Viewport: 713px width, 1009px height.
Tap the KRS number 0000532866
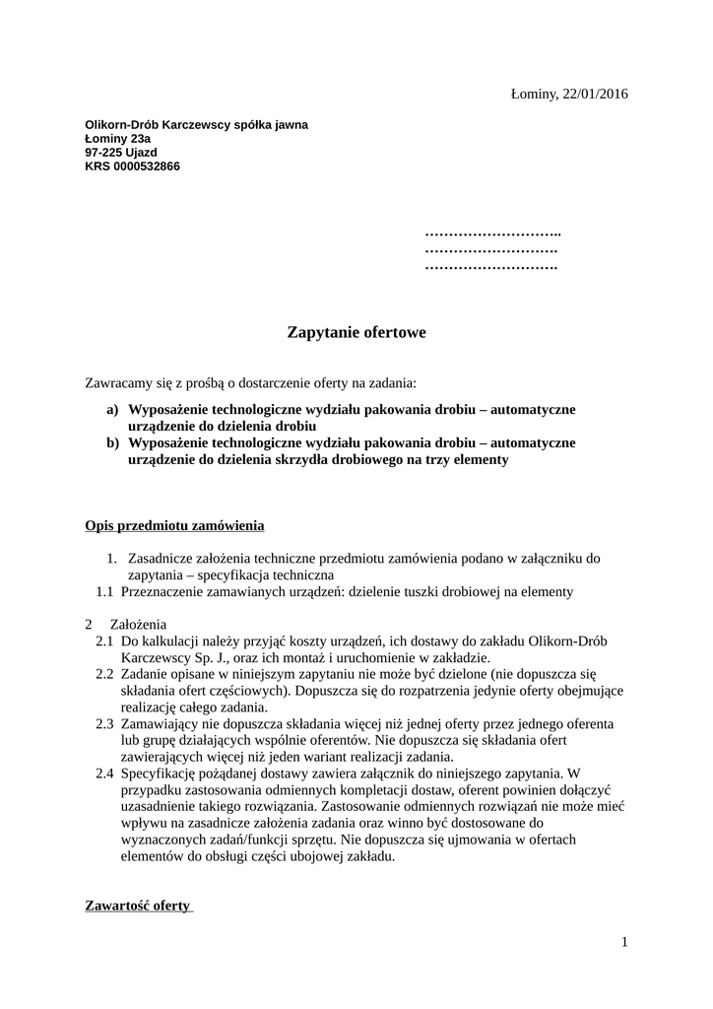click(147, 167)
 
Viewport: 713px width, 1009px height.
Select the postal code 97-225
click(104, 153)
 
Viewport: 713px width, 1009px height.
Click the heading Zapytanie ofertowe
click(356, 333)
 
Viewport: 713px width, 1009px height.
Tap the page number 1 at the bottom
click(624, 942)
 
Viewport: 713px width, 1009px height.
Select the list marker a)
click(112, 409)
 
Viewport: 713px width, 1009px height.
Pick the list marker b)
click(112, 443)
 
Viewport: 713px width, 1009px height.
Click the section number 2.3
click(104, 724)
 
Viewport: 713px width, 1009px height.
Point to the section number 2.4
click(104, 774)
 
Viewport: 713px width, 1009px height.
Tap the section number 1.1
click(104, 592)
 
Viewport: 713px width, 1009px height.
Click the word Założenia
click(139, 625)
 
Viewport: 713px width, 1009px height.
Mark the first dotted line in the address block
click(492, 234)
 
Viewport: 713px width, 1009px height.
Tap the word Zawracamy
click(119, 381)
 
